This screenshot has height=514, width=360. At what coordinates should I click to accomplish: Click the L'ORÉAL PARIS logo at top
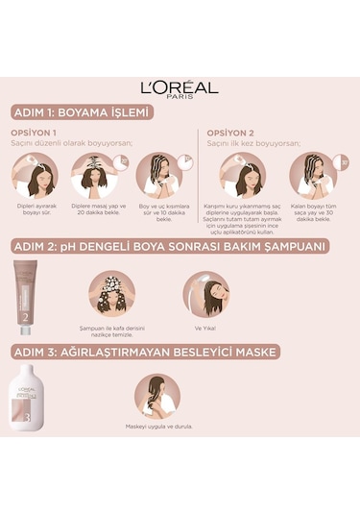click(x=180, y=87)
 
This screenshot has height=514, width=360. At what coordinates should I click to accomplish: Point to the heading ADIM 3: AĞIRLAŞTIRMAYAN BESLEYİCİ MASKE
click(x=144, y=352)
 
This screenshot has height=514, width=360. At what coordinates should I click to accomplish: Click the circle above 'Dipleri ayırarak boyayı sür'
click(x=36, y=175)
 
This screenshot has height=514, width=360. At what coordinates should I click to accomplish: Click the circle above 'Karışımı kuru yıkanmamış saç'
click(x=244, y=175)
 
